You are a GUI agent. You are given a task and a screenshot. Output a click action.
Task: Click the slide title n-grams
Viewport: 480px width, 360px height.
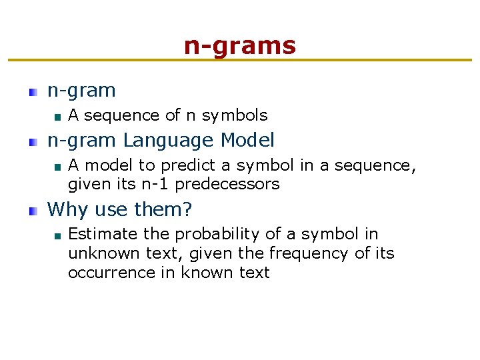point(239,46)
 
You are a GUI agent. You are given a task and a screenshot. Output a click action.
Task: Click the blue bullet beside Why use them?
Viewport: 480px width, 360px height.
point(33,211)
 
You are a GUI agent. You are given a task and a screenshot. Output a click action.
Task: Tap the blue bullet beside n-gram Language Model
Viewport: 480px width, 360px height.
point(33,142)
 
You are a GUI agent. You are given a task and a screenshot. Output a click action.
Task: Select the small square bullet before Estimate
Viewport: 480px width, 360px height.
point(58,235)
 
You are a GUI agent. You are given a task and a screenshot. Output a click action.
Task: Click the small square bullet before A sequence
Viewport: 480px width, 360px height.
point(58,117)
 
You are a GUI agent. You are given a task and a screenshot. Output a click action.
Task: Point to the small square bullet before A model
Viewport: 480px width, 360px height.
point(58,167)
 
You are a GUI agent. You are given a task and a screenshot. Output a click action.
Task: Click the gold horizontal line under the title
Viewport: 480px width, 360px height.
point(239,61)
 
